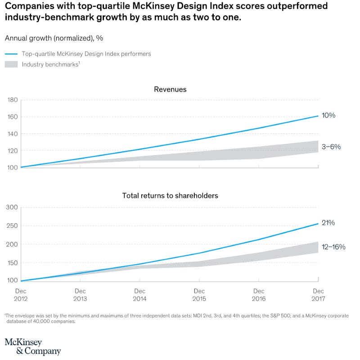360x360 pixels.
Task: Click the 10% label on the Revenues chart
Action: click(x=328, y=116)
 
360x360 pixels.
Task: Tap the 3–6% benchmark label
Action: click(x=331, y=147)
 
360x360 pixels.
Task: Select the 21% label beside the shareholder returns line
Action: click(x=328, y=223)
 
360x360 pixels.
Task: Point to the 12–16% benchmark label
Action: click(x=333, y=247)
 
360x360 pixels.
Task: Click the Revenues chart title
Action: click(x=170, y=89)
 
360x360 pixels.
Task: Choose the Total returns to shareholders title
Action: click(x=170, y=196)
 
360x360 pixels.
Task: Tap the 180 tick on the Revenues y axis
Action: click(x=13, y=100)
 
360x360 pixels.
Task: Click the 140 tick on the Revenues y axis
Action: click(x=13, y=133)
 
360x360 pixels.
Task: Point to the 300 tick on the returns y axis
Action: click(x=12, y=207)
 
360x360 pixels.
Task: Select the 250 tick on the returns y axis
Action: click(x=12, y=226)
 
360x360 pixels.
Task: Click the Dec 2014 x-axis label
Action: click(x=139, y=294)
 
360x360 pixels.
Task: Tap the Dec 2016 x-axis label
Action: click(x=259, y=294)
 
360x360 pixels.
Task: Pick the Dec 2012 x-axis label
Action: click(x=21, y=294)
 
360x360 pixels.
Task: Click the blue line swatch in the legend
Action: click(x=11, y=54)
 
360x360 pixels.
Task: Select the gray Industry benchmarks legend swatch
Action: click(x=11, y=64)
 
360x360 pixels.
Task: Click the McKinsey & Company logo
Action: click(x=32, y=347)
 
